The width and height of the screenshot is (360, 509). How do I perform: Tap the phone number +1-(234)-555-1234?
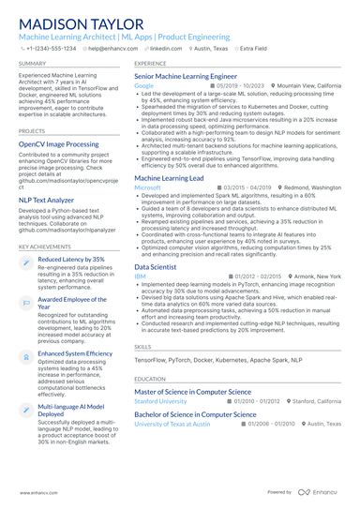[50, 47]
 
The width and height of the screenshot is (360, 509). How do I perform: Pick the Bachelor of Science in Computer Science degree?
[196, 413]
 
